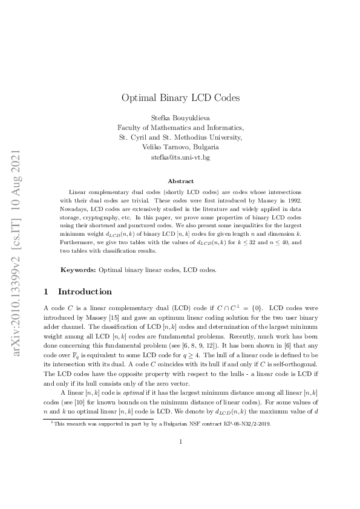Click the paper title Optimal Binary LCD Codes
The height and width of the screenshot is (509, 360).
pyautogui.click(x=180, y=97)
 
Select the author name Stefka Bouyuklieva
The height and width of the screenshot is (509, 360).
pyautogui.click(x=180, y=117)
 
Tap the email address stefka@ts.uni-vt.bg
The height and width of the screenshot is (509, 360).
pyautogui.click(x=180, y=157)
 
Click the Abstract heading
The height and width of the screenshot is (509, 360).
pyautogui.click(x=180, y=181)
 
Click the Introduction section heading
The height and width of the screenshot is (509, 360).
pyautogui.click(x=85, y=291)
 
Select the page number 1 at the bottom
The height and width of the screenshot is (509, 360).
pyautogui.click(x=180, y=475)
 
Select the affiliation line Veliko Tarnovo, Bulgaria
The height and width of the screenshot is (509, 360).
pyautogui.click(x=180, y=147)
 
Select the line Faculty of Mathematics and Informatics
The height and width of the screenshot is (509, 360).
pyautogui.click(x=180, y=127)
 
